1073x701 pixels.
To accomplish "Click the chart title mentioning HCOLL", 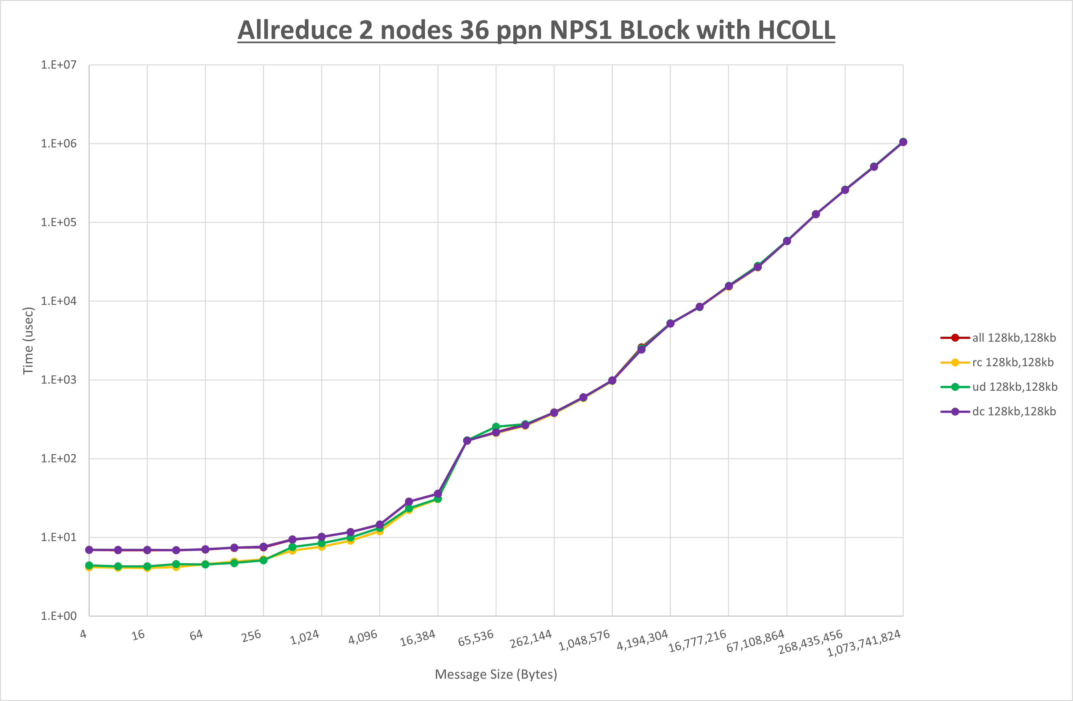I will click(536, 30).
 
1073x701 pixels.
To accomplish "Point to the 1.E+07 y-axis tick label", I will click(59, 65).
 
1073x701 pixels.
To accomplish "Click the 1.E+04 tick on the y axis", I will click(59, 301).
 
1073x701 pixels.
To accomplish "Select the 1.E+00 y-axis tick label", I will click(59, 616).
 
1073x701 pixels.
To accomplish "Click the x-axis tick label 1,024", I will click(305, 637).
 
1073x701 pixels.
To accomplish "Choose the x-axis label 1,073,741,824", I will click(864, 643).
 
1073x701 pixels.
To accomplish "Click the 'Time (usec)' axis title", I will click(28, 341).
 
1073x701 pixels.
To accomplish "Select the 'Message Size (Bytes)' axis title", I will click(496, 674).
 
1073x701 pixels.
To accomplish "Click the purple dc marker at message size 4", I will click(89, 550).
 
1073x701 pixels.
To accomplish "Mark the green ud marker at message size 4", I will click(89, 565).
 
